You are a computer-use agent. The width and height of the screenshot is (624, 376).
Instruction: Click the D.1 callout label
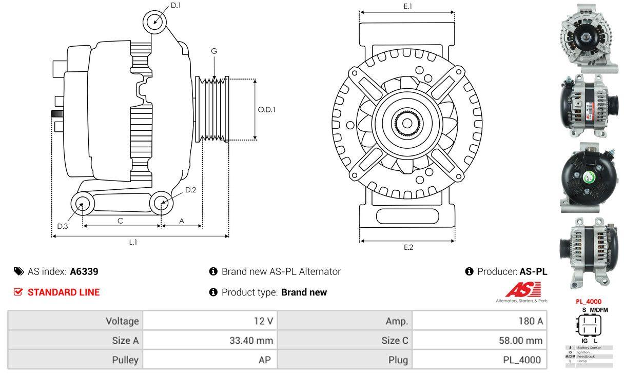tap(175, 6)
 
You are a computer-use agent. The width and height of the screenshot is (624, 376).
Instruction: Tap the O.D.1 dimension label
tap(266, 109)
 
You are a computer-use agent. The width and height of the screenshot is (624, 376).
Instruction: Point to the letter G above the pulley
tap(214, 51)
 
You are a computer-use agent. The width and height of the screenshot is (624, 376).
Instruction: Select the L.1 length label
tap(133, 242)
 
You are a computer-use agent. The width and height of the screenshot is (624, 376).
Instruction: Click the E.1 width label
tap(408, 7)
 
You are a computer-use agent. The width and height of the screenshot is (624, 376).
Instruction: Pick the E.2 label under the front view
tap(408, 247)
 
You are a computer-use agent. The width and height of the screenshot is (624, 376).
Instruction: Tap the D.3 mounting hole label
tap(62, 226)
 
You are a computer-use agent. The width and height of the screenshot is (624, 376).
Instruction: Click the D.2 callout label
tap(190, 190)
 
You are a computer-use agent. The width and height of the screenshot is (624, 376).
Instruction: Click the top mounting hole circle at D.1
tap(154, 22)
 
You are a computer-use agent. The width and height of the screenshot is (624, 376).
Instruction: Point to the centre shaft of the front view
tap(407, 123)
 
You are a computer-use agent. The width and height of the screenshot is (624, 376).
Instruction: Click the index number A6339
tap(84, 271)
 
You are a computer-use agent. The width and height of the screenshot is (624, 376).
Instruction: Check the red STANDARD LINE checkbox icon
tap(18, 292)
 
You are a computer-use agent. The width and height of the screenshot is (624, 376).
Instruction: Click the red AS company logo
tap(522, 290)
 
